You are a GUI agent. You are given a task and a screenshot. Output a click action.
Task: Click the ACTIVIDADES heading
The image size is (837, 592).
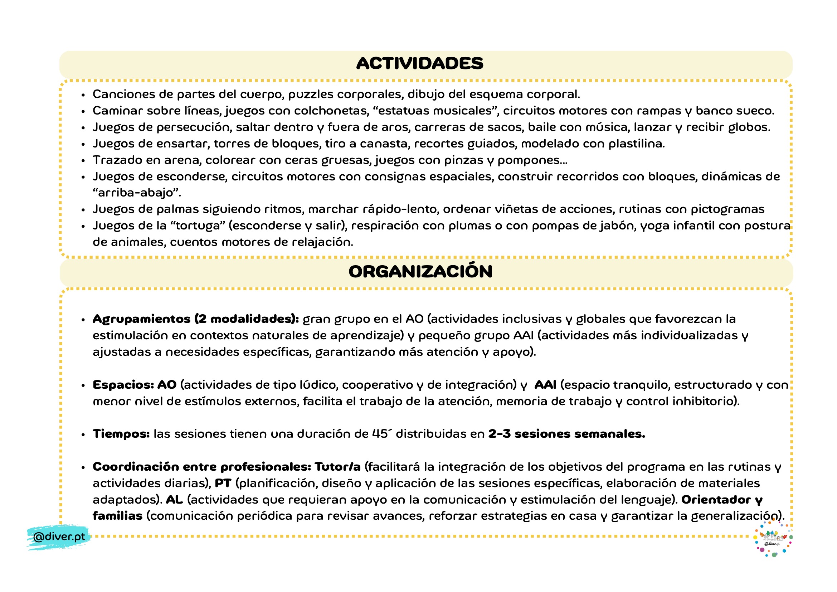tap(420, 63)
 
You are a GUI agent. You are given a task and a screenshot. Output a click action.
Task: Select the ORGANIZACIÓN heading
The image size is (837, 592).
tap(420, 272)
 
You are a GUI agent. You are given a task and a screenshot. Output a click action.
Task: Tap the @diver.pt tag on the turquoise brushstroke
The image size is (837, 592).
tap(59, 537)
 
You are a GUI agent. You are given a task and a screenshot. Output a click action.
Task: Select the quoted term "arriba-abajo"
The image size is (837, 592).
tap(137, 193)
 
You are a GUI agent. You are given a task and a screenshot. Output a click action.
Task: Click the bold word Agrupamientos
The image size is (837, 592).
tap(141, 319)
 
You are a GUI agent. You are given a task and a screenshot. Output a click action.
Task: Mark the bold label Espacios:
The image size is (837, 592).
tap(123, 385)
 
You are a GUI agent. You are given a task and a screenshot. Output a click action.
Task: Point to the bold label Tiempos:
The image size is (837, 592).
tap(121, 434)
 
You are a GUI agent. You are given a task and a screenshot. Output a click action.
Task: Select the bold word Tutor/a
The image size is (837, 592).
tap(337, 467)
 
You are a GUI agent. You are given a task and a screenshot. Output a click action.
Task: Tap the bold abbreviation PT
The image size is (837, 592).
tap(223, 483)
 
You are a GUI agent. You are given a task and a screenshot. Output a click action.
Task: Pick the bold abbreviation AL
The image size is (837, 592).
tap(174, 500)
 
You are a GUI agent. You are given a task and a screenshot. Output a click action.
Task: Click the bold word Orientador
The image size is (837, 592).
tap(716, 500)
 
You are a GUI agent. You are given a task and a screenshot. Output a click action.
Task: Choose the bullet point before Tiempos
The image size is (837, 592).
tap(83, 435)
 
